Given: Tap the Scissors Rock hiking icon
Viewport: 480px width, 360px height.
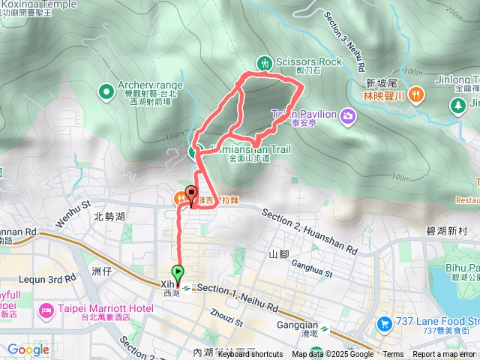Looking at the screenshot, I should pyautogui.click(x=264, y=63).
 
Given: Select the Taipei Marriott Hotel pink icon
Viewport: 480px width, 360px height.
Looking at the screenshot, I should pyautogui.click(x=46, y=309).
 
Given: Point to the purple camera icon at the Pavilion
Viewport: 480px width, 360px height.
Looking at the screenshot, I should pyautogui.click(x=348, y=115).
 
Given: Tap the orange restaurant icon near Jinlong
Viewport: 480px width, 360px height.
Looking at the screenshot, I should pyautogui.click(x=417, y=94).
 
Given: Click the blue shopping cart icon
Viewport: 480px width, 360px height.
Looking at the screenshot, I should pyautogui.click(x=385, y=324).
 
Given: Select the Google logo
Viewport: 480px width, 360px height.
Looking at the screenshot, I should pyautogui.click(x=28, y=349).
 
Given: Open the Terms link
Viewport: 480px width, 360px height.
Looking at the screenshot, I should pyautogui.click(x=393, y=355).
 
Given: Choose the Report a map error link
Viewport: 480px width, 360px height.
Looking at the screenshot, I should pyautogui.click(x=445, y=355).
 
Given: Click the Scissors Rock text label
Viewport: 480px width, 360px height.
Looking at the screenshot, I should pyautogui.click(x=309, y=61).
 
